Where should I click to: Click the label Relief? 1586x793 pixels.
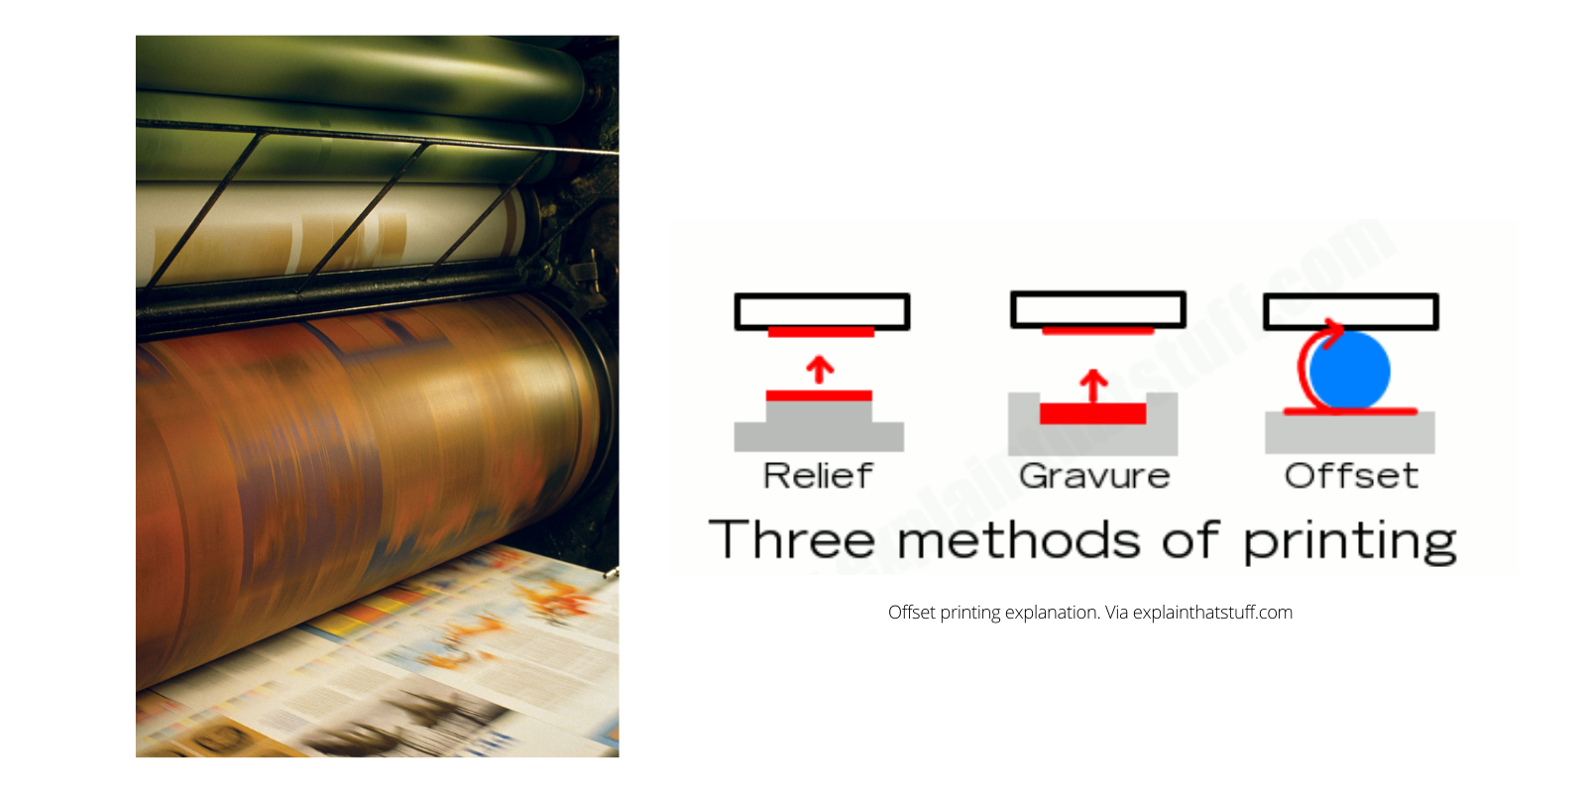pos(818,476)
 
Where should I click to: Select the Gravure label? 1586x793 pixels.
pos(1094,476)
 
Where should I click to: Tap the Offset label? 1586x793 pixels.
pos(1351,476)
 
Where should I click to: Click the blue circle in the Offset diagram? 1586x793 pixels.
pos(1350,371)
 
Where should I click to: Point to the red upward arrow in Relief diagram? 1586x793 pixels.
pos(819,370)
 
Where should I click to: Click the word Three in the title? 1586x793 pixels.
pos(792,540)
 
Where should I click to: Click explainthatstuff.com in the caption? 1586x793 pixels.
pos(1212,613)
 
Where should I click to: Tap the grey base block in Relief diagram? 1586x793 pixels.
pos(819,435)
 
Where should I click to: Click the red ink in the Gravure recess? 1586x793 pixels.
pos(1092,413)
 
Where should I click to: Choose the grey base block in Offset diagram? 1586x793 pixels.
pos(1350,433)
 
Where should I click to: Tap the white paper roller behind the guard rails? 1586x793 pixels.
pos(337,233)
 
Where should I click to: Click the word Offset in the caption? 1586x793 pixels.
pos(911,613)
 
